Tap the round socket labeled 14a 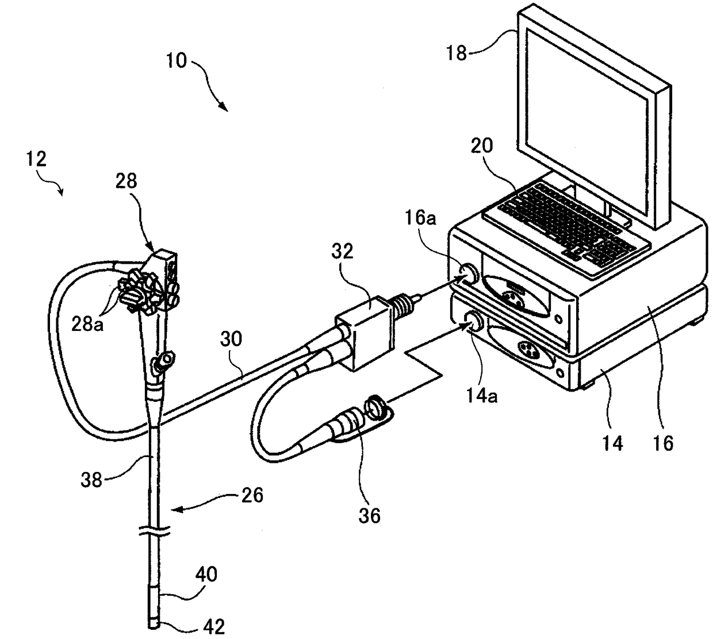pos(475,321)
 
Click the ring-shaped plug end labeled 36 pos(375,406)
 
